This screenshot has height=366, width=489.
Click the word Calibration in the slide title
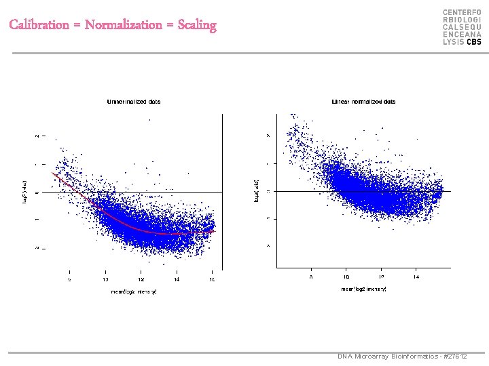pos(39,26)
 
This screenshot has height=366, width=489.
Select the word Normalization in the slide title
pos(124,26)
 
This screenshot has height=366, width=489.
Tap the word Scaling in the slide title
pos(197,26)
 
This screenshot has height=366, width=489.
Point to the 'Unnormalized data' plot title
pos(134,102)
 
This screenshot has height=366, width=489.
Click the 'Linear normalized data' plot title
pos(363,102)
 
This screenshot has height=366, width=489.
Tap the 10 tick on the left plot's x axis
pos(105,279)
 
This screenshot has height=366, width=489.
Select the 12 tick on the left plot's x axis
pos(141,279)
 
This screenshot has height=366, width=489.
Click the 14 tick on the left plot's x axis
pos(177,279)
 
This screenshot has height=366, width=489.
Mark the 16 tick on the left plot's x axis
pos(212,279)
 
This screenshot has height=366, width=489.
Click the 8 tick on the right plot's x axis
pos(311,277)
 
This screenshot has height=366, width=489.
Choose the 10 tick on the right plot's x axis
pos(346,277)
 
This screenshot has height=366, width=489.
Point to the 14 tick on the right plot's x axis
pos(416,277)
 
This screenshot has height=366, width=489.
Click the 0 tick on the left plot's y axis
pos(37,192)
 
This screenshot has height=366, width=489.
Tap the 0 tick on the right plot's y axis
pos(268,191)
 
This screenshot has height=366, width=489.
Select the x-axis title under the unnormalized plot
pos(134,291)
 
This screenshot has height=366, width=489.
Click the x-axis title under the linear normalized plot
pos(363,289)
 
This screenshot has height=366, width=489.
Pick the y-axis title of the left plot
pos(26,192)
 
